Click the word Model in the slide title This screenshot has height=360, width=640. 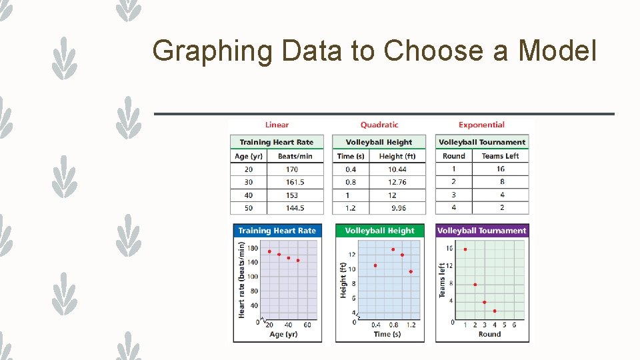557,50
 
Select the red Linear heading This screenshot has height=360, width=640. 277,125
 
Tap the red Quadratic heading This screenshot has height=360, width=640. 379,125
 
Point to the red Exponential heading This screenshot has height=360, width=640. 481,125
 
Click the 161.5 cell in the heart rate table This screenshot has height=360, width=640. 295,182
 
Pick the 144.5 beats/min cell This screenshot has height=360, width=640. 295,208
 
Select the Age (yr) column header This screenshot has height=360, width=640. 249,156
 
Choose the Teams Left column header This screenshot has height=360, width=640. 500,156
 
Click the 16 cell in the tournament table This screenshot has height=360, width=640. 501,169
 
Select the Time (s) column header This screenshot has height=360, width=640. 351,156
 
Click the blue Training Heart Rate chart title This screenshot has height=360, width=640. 277,231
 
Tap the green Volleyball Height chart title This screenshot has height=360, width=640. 379,231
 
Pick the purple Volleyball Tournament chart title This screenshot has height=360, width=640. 482,231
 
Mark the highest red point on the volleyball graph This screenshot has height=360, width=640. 393,249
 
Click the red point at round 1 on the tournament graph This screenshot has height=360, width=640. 465,249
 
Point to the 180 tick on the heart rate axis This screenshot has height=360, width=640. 253,249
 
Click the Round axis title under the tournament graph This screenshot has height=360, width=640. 489,334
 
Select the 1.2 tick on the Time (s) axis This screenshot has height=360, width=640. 411,325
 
